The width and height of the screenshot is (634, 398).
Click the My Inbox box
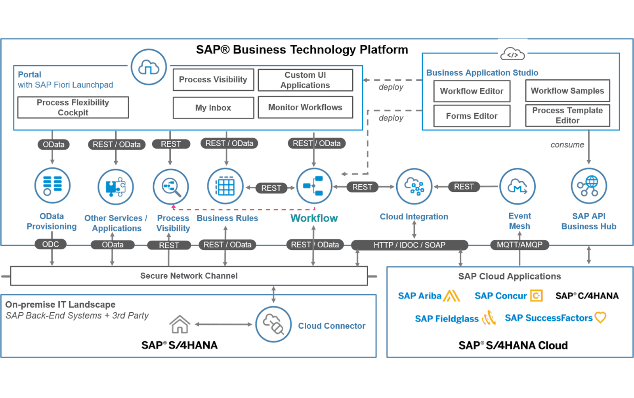213,108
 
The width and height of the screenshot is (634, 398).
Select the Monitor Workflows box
305,107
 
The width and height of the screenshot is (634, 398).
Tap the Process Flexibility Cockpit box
73,107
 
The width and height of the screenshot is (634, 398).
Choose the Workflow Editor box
472,91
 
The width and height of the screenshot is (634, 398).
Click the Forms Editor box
472,116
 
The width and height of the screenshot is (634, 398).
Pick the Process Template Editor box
567,115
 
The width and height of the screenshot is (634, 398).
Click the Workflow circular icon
314,186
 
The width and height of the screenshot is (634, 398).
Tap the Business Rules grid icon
225,186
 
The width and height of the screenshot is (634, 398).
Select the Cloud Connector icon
273,325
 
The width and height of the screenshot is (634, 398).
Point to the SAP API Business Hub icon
588,186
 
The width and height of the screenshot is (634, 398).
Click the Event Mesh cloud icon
518,186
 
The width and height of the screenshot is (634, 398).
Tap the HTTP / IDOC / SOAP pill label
409,245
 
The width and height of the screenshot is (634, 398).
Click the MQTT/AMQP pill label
519,245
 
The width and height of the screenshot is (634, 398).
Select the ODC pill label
50,244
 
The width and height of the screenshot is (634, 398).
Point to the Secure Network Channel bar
189,276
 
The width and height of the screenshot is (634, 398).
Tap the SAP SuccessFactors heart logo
600,318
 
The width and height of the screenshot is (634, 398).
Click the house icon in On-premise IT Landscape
180,324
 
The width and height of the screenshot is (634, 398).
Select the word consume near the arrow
567,145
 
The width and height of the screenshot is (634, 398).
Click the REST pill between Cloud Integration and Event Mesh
464,187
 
